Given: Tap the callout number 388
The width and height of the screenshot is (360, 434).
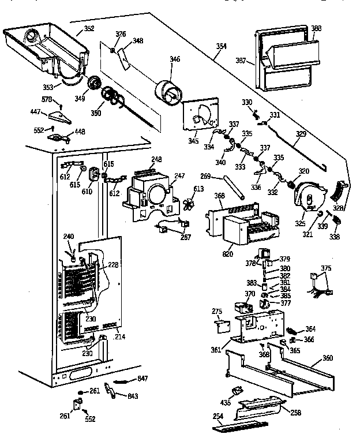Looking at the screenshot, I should pyautogui.click(x=316, y=28).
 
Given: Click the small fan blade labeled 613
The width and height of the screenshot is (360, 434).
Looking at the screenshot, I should pyautogui.click(x=187, y=204).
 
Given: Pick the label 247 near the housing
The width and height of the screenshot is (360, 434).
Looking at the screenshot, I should pyautogui.click(x=180, y=175).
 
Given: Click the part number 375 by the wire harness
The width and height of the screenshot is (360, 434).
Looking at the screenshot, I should pyautogui.click(x=327, y=268).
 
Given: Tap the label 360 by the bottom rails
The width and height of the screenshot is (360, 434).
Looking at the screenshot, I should pyautogui.click(x=327, y=358).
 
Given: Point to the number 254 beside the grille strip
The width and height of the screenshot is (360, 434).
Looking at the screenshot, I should pyautogui.click(x=217, y=416).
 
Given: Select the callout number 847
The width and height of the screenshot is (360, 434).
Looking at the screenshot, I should pyautogui.click(x=142, y=379).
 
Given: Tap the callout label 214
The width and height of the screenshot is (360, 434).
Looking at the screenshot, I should pyautogui.click(x=121, y=336).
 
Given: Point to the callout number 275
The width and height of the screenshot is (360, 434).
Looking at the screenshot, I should pyautogui.click(x=217, y=312).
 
